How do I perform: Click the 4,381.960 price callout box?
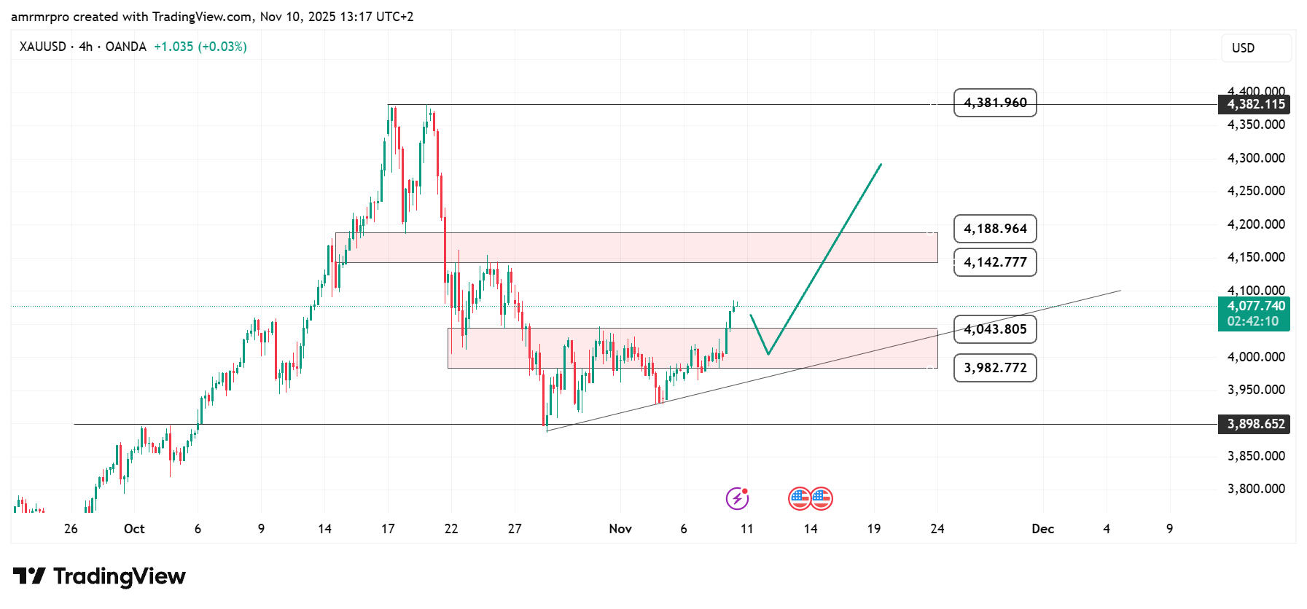[995, 103]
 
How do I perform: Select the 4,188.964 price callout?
[995, 229]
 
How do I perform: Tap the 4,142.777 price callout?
[995, 262]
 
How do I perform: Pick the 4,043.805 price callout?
[995, 329]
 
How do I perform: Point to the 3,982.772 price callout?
[995, 368]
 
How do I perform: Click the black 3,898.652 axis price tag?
[1255, 424]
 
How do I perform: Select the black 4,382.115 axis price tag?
[1255, 104]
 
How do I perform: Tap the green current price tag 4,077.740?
[1255, 307]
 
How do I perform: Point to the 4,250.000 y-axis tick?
[1256, 191]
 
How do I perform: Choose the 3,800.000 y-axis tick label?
[1256, 489]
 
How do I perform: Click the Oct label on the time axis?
[134, 529]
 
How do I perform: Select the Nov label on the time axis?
[620, 529]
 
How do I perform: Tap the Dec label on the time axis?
[1042, 529]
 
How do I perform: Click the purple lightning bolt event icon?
[737, 498]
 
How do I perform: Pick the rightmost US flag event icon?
[822, 498]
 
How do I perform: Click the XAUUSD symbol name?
[42, 47]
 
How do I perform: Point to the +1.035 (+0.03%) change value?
[200, 47]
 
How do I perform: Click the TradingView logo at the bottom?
[100, 576]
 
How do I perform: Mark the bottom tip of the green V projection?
[768, 354]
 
